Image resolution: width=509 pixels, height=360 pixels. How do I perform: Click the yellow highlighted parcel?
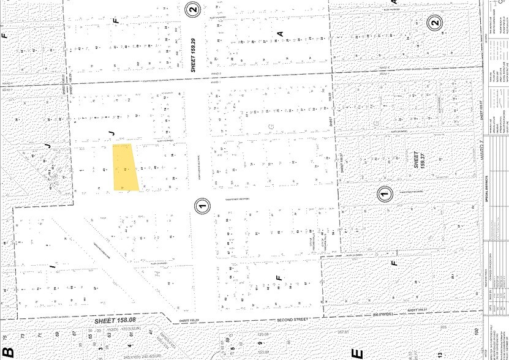[125, 167]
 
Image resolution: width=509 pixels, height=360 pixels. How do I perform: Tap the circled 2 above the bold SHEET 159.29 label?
[194, 9]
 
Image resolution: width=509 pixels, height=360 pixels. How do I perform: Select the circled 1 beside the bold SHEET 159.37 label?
[384, 194]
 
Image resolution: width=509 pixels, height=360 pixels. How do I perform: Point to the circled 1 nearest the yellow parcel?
[202, 205]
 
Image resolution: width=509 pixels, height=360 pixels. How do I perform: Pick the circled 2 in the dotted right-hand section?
[434, 24]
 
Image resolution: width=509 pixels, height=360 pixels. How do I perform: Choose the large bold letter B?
[8, 352]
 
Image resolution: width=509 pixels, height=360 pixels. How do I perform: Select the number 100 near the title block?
[476, 332]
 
